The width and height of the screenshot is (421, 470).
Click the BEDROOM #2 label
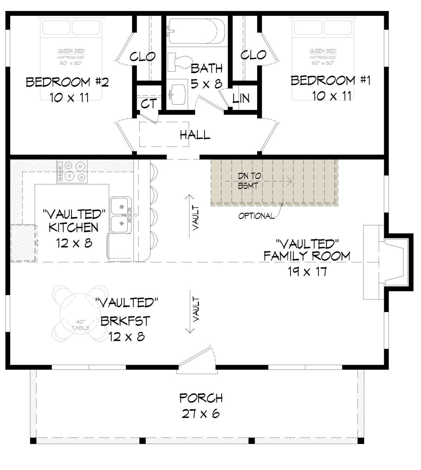[x=67, y=82]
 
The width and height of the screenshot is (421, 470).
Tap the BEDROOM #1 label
[x=330, y=80]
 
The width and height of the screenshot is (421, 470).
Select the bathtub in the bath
[x=196, y=31]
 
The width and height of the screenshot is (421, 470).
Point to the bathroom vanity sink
[x=178, y=95]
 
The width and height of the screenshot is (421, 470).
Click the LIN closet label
[x=241, y=98]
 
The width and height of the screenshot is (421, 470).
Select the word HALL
[x=195, y=135]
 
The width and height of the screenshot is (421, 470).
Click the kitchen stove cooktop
[x=72, y=172]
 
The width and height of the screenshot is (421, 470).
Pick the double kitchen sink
[x=121, y=215]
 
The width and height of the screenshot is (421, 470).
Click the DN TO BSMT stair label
[x=249, y=181]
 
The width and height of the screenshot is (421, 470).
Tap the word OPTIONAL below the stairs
[x=256, y=216]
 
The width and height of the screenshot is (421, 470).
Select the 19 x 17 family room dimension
[x=307, y=271]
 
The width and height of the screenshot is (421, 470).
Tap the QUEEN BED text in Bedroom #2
[x=71, y=51]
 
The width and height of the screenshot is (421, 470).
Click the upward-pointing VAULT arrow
[x=189, y=216]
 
